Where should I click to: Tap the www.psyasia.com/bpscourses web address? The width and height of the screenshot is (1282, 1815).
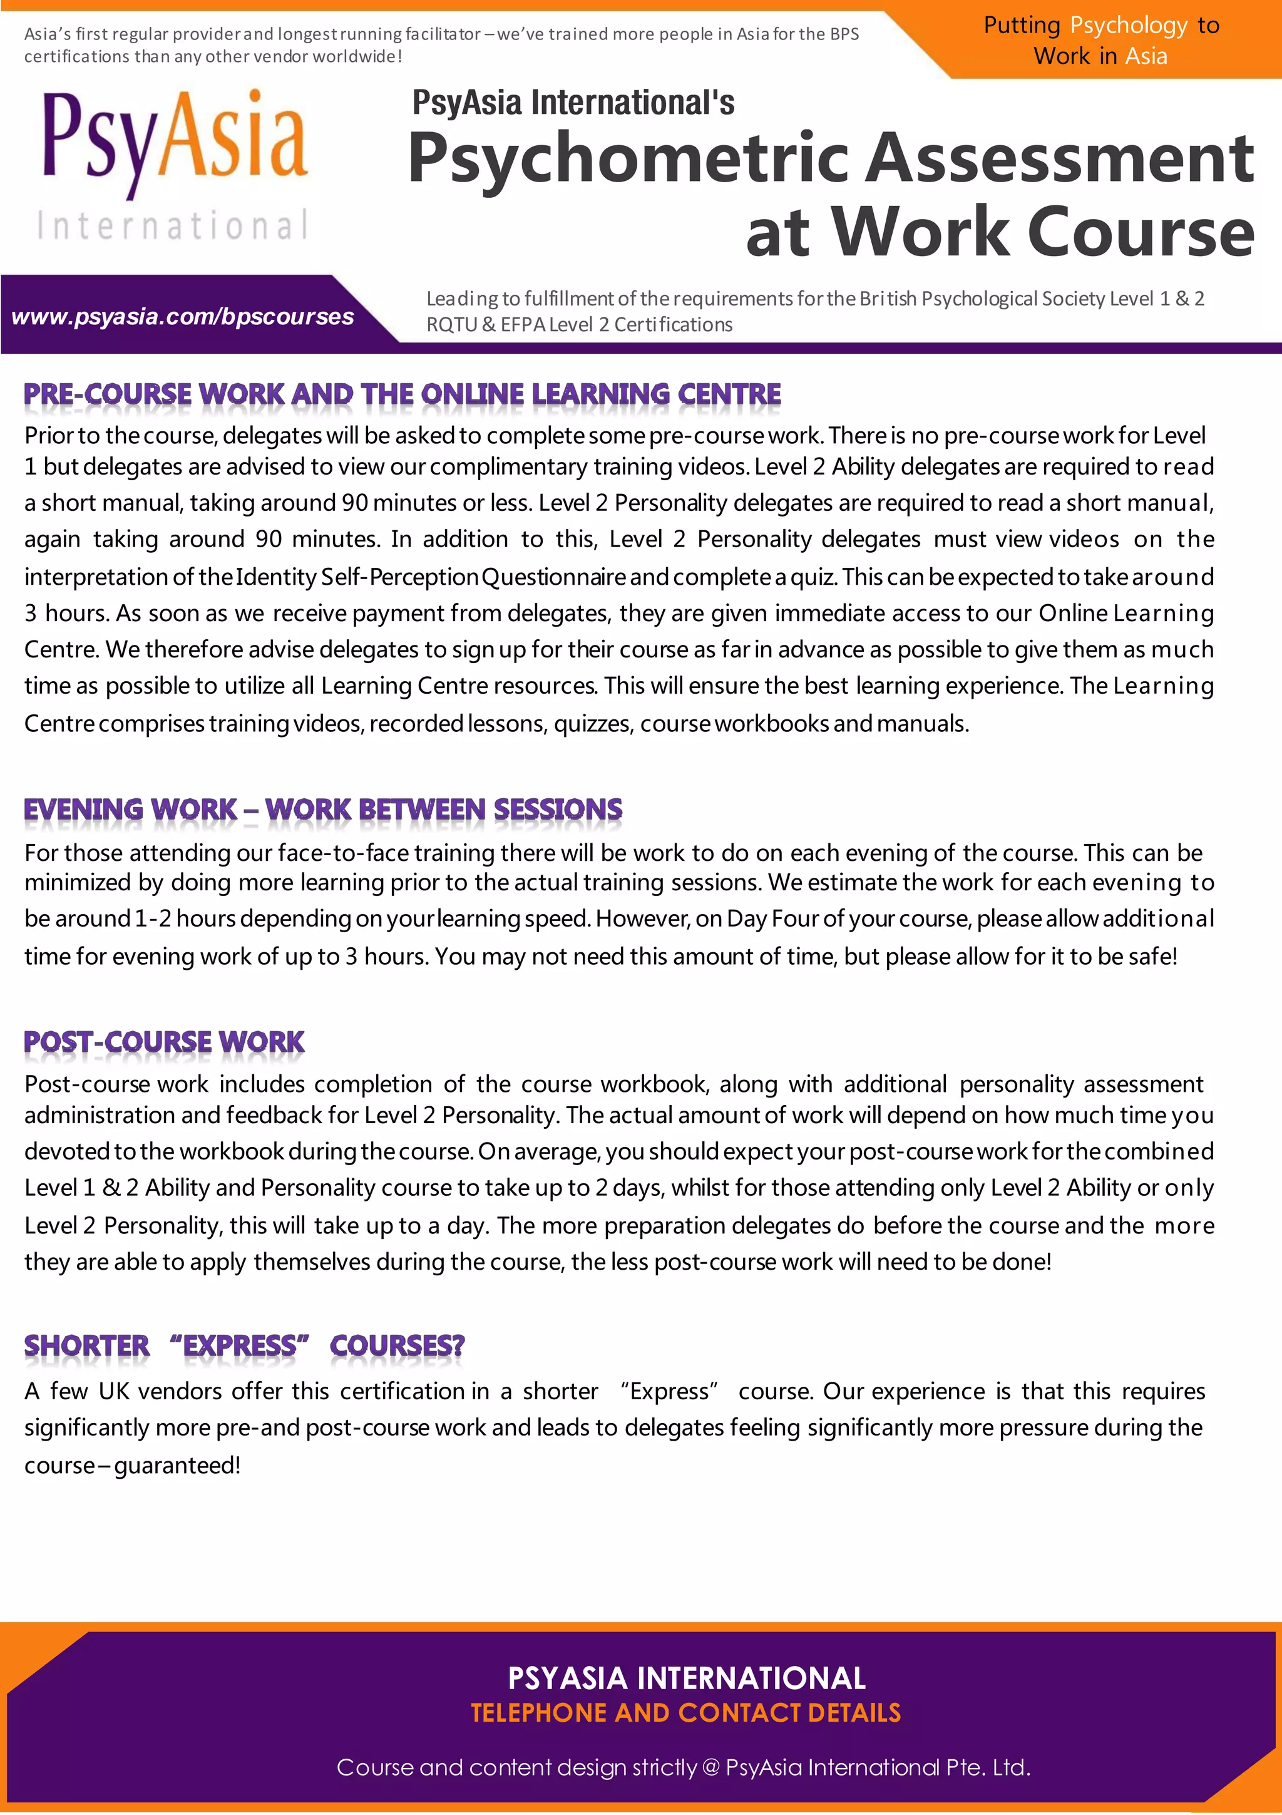click(x=183, y=317)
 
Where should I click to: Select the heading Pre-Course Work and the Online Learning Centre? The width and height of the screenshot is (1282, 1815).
click(x=403, y=394)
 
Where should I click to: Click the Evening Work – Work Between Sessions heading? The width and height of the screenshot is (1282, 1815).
click(x=322, y=810)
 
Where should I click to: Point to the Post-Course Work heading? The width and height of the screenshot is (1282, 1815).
click(x=163, y=1042)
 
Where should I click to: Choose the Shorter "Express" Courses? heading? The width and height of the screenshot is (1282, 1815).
click(x=244, y=1345)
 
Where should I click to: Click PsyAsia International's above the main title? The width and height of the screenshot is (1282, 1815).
click(x=573, y=103)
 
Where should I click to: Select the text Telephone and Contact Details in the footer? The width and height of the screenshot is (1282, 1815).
click(x=685, y=1712)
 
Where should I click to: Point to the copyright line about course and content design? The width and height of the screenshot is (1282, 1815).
click(x=683, y=1767)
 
